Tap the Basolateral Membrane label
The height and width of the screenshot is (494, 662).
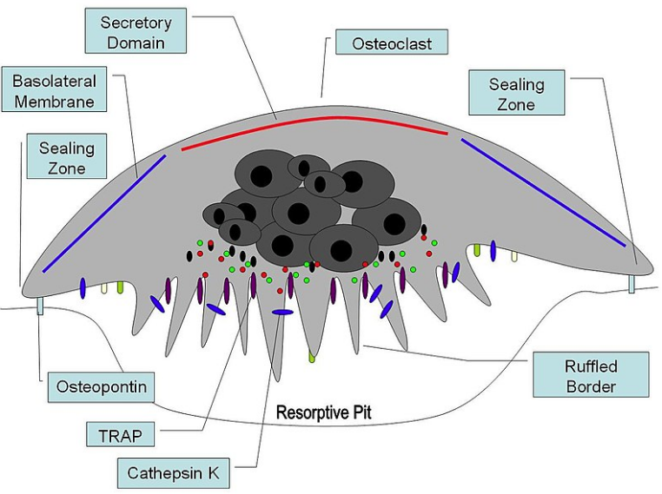(x=54, y=91)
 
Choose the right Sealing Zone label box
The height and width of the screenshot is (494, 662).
(x=516, y=94)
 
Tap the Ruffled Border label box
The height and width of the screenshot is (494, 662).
(x=591, y=374)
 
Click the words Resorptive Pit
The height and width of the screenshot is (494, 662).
(x=323, y=412)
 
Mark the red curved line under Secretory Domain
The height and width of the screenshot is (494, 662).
(x=313, y=120)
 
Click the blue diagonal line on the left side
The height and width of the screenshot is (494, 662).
(x=104, y=212)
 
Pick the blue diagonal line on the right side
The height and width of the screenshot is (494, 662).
(x=543, y=191)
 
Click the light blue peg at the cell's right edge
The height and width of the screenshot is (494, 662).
(x=632, y=284)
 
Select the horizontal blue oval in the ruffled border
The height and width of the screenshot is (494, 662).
(x=283, y=312)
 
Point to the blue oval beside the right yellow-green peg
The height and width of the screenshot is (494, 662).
(x=493, y=250)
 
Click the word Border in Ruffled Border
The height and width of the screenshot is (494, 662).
(x=591, y=386)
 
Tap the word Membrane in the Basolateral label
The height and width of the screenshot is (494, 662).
(x=54, y=102)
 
